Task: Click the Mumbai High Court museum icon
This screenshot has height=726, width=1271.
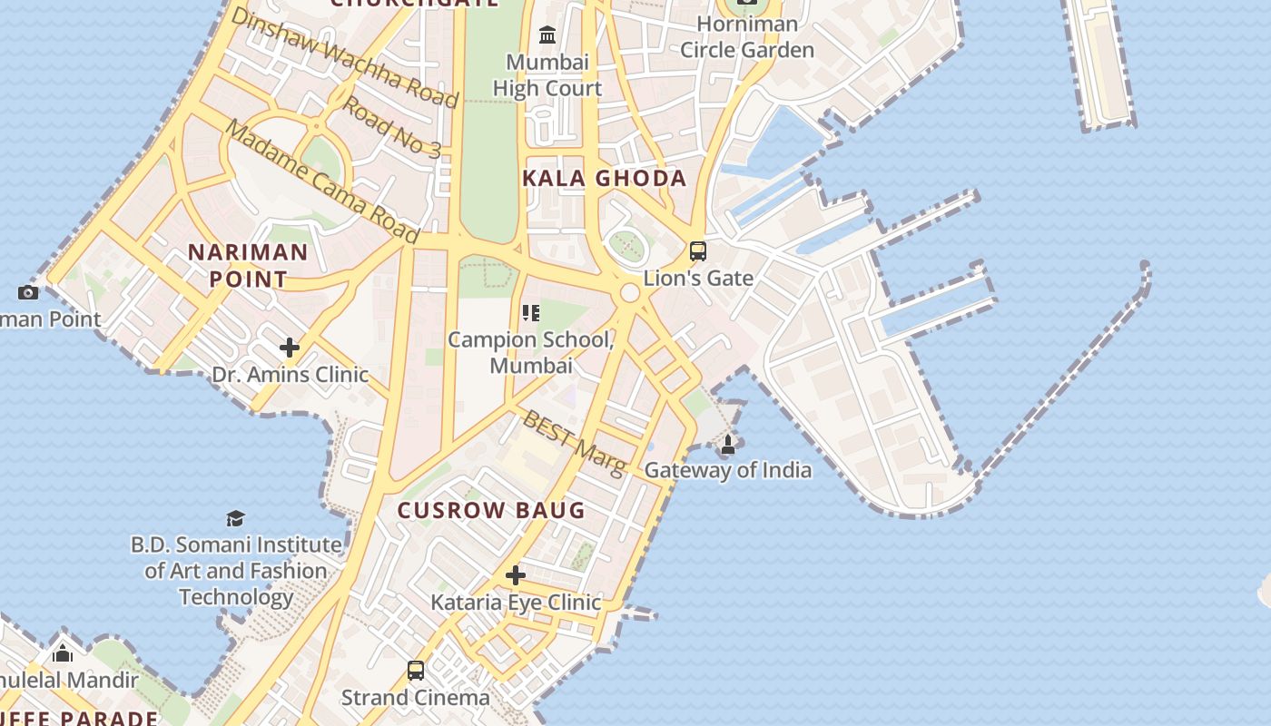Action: pos(547,35)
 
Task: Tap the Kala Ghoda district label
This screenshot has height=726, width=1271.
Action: pos(604,178)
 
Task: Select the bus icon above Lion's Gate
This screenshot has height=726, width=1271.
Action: pos(697,251)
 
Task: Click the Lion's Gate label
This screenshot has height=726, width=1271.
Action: pos(698,278)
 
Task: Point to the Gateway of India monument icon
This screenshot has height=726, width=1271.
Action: pos(727,445)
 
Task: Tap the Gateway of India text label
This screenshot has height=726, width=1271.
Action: pos(727,470)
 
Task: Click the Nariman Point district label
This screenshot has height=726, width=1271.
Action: pos(248,265)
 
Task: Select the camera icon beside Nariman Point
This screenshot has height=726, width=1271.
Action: pos(28,292)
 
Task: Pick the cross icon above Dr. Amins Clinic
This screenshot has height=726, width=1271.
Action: pos(290,348)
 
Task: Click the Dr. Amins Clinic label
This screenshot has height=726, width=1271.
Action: pos(290,374)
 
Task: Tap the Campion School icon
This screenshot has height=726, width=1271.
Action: pos(531,314)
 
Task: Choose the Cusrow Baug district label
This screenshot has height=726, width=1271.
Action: pos(491,510)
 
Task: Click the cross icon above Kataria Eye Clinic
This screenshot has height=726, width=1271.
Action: pos(516,575)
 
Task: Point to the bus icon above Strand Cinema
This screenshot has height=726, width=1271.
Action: pos(416,671)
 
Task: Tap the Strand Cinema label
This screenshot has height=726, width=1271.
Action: pos(415,697)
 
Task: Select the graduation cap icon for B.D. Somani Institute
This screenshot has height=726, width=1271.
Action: pos(236,518)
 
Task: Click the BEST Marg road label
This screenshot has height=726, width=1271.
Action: pos(575,442)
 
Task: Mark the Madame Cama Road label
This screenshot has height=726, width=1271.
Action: pos(321,181)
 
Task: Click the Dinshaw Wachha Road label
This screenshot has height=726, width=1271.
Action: pos(344,57)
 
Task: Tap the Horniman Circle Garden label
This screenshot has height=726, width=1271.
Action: pos(747,37)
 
